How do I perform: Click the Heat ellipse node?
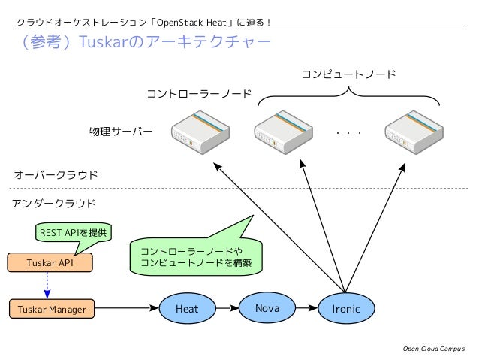click(187, 308)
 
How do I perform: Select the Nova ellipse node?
click(267, 307)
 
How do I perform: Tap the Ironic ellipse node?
click(345, 308)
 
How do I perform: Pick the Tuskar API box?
click(50, 263)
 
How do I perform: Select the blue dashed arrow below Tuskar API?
click(47, 286)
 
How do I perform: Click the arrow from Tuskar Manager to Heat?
click(128, 308)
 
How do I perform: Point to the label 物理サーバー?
click(121, 132)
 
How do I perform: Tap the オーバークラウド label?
click(56, 174)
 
